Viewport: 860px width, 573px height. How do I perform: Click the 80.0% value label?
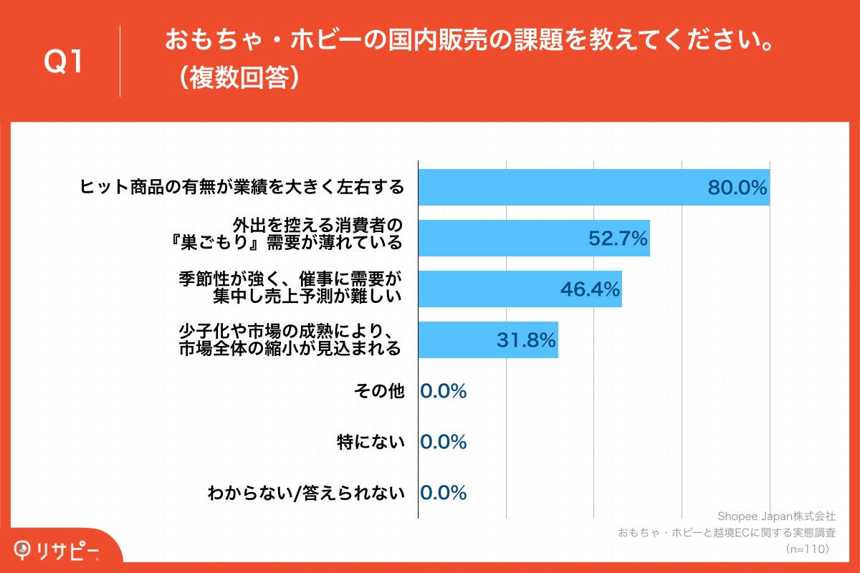737,188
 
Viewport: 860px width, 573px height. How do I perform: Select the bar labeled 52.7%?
533,239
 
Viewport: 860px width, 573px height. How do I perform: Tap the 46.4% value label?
590,289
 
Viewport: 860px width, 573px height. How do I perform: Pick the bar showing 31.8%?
487,340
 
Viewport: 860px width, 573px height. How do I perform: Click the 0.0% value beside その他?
444,391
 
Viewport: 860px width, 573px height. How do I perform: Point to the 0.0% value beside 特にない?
444,442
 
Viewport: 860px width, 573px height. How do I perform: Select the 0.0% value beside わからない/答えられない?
444,493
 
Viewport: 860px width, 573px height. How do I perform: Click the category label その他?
379,391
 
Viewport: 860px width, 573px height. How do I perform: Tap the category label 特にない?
371,442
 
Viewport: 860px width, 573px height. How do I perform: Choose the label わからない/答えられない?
306,493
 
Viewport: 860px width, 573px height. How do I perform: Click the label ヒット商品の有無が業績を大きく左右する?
242,188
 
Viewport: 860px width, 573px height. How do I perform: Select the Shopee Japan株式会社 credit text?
776,516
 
